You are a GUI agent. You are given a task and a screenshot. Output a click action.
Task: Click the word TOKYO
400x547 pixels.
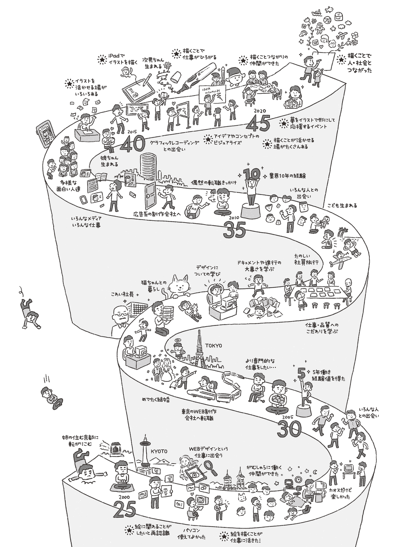[214, 345]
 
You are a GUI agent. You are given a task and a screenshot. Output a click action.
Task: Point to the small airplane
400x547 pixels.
[339, 259]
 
